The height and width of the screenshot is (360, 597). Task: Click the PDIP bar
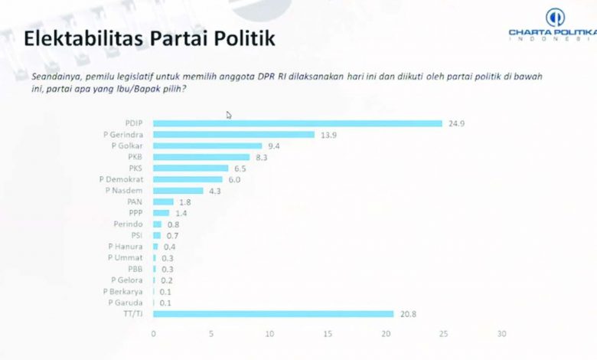tap(298, 123)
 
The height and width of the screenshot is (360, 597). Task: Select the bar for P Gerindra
tap(234, 135)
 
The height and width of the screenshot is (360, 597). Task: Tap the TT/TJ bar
tap(274, 313)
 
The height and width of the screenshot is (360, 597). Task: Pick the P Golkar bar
tap(208, 146)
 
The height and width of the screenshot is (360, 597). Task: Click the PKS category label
tap(136, 168)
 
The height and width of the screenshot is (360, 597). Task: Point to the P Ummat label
tap(129, 257)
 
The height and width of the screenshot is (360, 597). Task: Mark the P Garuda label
tap(128, 302)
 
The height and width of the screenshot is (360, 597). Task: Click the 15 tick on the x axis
tap(328, 334)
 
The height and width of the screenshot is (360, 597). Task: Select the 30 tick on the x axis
tap(501, 334)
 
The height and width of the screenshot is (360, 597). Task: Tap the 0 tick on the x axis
tap(154, 334)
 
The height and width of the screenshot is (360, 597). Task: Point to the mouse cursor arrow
tap(229, 115)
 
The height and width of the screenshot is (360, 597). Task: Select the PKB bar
tap(202, 157)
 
